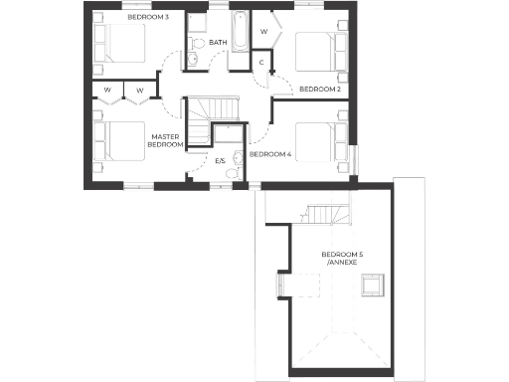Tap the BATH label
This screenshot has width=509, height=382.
pos(218,43)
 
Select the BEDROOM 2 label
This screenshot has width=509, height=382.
pos(320,90)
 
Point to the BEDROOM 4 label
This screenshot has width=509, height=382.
pos(270,154)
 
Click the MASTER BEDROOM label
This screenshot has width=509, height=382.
pos(166,140)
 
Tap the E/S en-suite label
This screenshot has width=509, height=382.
pos(221,160)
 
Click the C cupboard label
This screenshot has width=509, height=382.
pos(260,63)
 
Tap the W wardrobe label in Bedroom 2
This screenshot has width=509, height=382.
pos(264,31)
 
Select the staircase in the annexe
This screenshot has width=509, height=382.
pos(327,213)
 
